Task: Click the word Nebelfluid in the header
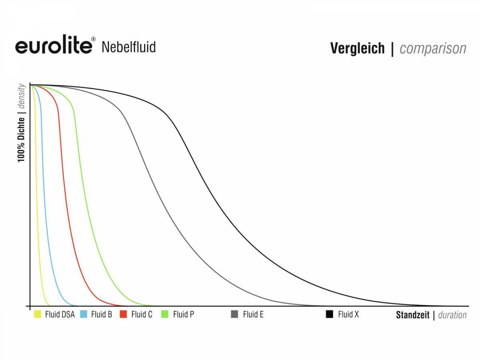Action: (x=129, y=47)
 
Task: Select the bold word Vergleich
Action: (x=357, y=48)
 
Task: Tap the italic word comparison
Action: (x=433, y=49)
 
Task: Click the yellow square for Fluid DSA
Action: (x=37, y=314)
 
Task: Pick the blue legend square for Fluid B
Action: (x=84, y=314)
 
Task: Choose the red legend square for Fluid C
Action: (x=123, y=314)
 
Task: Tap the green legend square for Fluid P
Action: (x=165, y=314)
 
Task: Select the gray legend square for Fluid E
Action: (x=234, y=314)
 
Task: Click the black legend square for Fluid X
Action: (x=329, y=314)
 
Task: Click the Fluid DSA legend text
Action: (x=60, y=314)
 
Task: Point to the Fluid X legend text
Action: (x=348, y=314)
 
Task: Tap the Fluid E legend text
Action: (x=253, y=314)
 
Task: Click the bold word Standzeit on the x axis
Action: (x=413, y=315)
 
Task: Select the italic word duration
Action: (x=452, y=315)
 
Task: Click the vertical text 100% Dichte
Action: (x=21, y=140)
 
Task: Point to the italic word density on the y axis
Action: (x=21, y=96)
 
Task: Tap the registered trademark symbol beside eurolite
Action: (x=93, y=39)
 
